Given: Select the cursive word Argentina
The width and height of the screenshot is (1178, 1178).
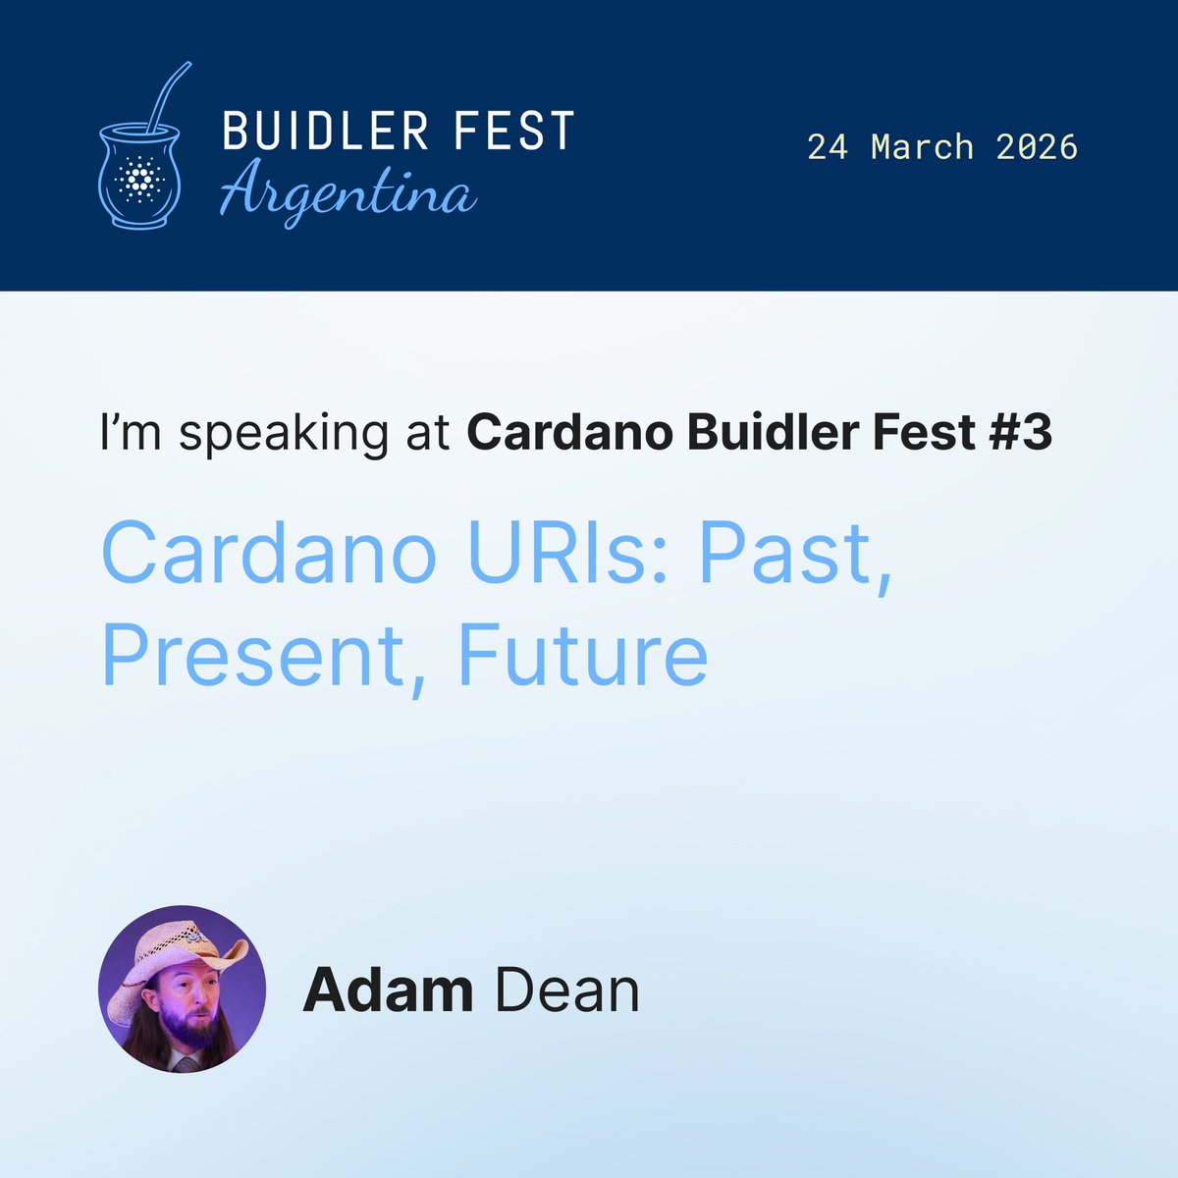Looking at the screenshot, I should click(x=347, y=192).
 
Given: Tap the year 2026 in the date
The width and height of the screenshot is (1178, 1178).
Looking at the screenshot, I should click(x=1037, y=147).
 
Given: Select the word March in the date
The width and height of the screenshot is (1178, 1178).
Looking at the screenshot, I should click(x=923, y=147).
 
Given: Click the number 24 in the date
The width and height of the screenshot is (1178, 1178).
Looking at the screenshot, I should click(x=829, y=147).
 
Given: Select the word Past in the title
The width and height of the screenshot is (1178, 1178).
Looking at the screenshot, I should click(x=795, y=555).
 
